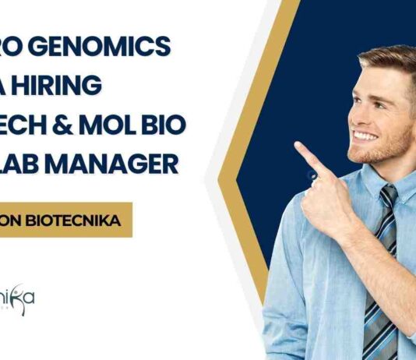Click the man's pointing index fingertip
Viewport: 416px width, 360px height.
(x=299, y=147)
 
